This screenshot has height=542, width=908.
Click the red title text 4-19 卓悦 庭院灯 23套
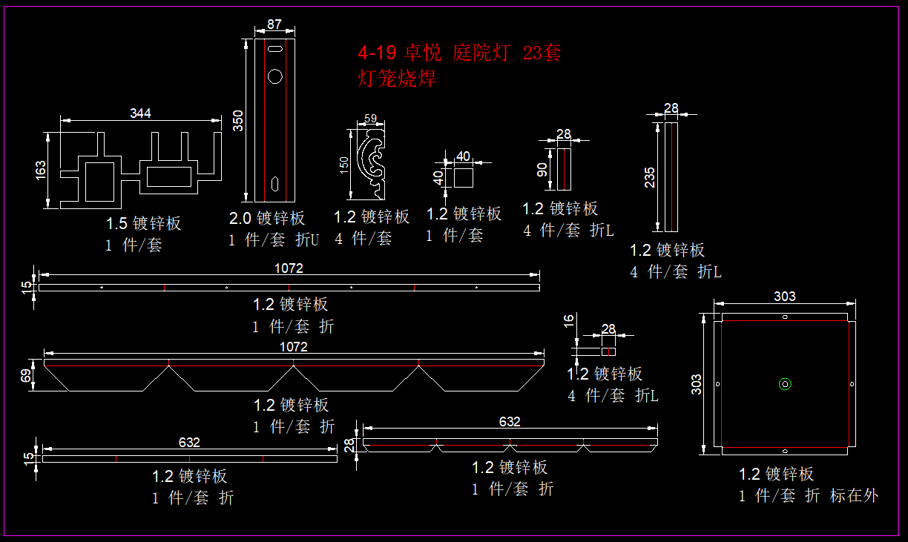[x=459, y=53]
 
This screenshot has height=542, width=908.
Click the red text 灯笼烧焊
[x=397, y=78]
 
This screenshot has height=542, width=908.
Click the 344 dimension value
[x=140, y=113]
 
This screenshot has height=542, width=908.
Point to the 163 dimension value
[x=41, y=170]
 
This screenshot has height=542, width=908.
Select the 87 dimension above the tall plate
[x=274, y=24]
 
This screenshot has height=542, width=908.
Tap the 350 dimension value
[x=238, y=120]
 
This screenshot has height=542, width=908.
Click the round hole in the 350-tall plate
[x=275, y=76]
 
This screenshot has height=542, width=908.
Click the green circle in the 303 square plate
[x=785, y=383]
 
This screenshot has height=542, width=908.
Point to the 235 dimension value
[x=650, y=178]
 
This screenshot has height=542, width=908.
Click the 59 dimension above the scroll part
[x=371, y=118]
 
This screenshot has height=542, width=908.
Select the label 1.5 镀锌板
[x=143, y=223]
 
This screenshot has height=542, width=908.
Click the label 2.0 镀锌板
[x=267, y=218]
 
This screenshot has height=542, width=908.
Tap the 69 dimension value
[x=27, y=376]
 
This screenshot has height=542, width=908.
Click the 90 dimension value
[x=542, y=170]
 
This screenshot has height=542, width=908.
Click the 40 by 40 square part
[x=464, y=176]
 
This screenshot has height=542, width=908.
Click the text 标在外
[x=854, y=496]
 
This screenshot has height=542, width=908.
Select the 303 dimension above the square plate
[x=784, y=297]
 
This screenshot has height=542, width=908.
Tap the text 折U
[x=306, y=239]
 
